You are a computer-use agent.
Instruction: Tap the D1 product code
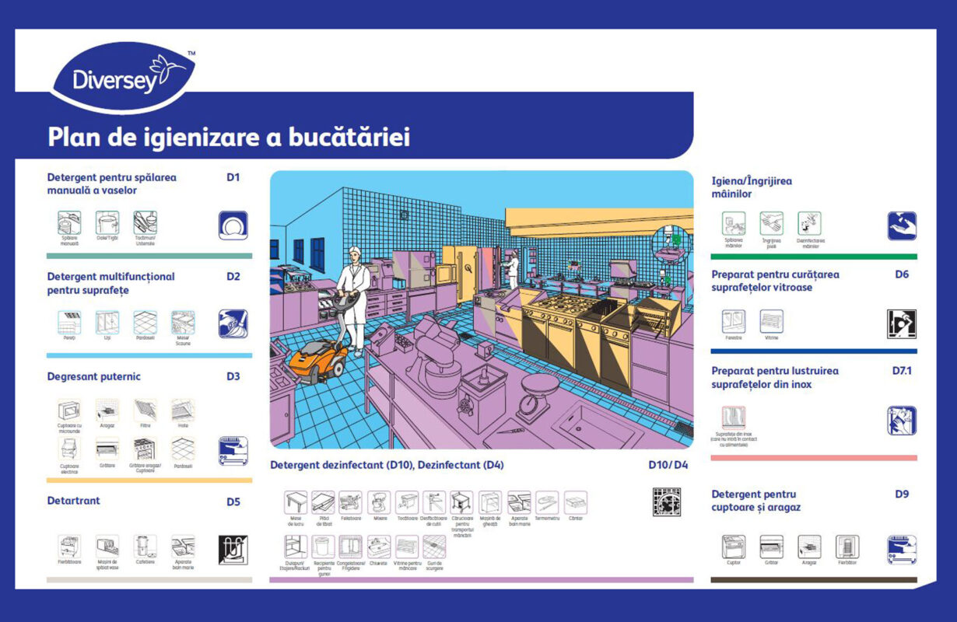[233, 177]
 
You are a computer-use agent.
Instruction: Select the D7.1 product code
[902, 371]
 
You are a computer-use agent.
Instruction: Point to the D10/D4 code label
[668, 465]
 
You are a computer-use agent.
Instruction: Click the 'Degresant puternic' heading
[94, 376]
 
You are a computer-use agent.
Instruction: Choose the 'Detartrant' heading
[74, 501]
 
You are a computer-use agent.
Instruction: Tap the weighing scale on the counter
[538, 393]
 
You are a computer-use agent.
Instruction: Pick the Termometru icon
[547, 502]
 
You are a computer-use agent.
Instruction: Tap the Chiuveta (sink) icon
[379, 547]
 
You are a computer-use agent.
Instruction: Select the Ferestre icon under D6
[733, 321]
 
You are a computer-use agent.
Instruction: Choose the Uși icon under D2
[107, 322]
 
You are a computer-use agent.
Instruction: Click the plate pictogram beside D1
[233, 225]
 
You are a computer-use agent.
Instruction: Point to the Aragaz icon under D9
[809, 547]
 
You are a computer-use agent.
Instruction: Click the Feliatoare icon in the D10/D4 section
[351, 502]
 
